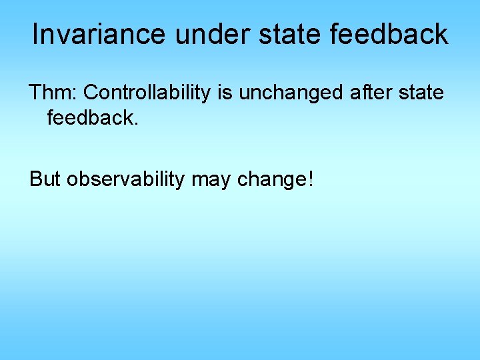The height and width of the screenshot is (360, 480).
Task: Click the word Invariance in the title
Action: point(100,35)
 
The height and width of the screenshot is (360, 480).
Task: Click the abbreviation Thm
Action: point(51,93)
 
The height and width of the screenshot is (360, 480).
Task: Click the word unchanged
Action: point(291,93)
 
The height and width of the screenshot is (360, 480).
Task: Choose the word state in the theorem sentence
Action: point(421,93)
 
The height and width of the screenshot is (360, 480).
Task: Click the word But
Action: point(45,179)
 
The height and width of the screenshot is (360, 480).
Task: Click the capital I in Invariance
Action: point(35,35)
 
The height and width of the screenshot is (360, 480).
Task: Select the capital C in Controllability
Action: point(91,93)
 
